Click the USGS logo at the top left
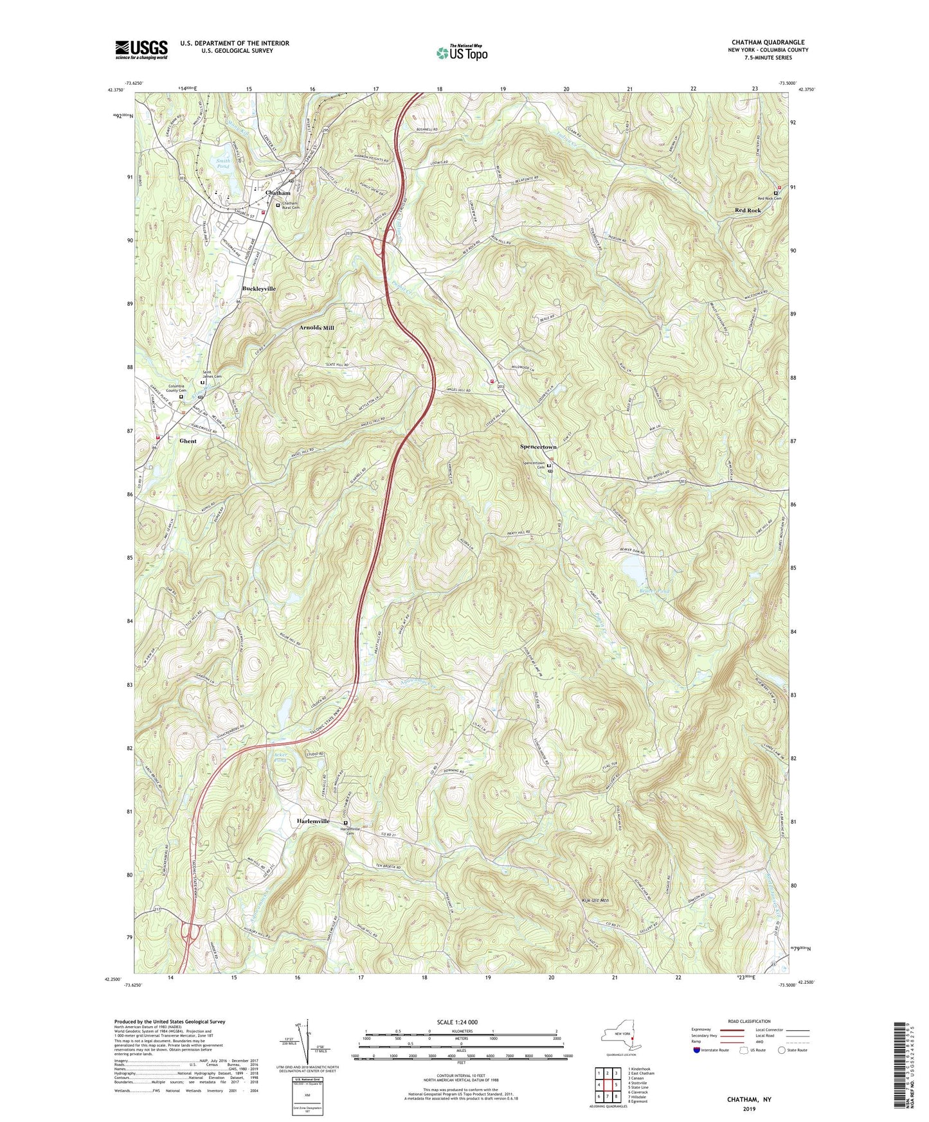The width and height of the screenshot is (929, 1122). coord(141,49)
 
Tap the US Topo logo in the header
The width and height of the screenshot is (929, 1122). coord(461,53)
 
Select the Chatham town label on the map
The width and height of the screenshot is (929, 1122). coord(278,193)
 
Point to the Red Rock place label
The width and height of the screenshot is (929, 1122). coord(748,211)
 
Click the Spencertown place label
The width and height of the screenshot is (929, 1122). coord(538,446)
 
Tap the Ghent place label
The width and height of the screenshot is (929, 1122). coord(188,441)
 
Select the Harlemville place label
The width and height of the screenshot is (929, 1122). coord(313,821)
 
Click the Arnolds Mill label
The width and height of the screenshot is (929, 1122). coord(316,328)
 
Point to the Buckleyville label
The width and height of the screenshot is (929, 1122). coord(258,289)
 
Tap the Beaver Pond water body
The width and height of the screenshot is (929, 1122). coord(634,569)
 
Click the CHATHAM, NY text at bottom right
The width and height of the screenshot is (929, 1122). coord(748,1100)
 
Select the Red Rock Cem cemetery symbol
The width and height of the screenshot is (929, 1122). coord(775,193)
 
